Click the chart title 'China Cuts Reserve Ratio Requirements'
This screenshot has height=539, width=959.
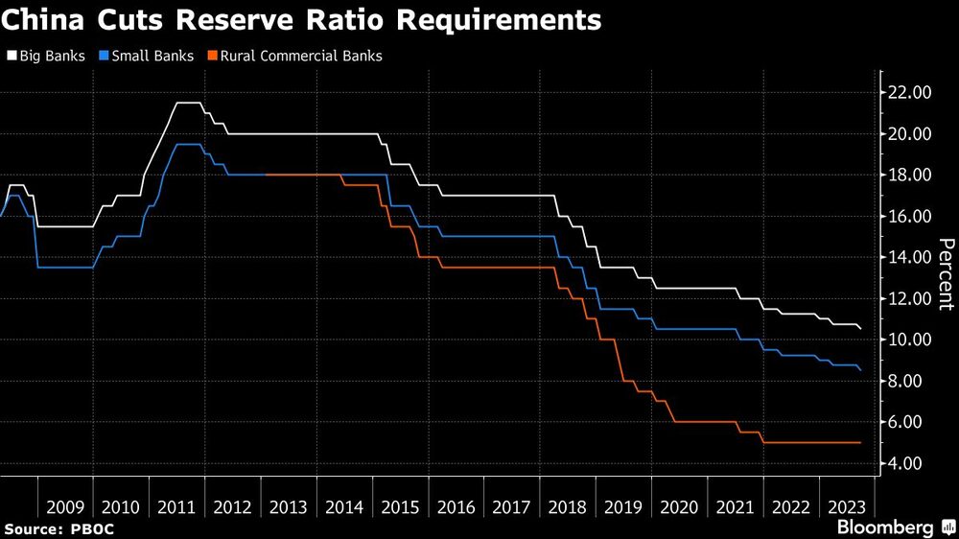tap(302, 20)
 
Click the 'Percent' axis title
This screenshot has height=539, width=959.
tap(945, 274)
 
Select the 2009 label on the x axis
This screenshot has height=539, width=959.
tap(65, 506)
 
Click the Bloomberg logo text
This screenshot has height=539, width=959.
tap(885, 527)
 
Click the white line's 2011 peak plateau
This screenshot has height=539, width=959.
tap(189, 103)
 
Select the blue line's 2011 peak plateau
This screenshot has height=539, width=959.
tap(189, 144)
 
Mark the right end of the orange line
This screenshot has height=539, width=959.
tap(859, 442)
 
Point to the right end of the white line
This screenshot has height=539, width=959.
tap(859, 329)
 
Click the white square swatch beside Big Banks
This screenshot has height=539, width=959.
tap(12, 56)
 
